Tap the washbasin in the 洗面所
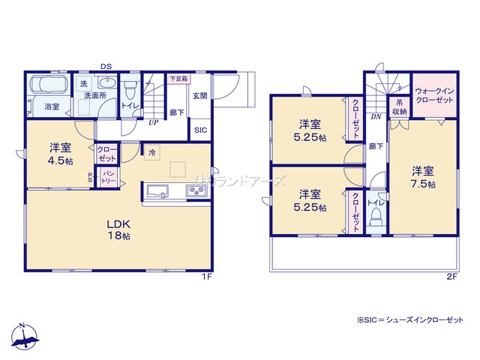point(107,82)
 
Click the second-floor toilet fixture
point(376,217)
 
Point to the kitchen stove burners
point(196,191)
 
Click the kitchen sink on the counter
point(157,191)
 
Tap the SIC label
point(200,130)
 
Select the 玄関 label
point(200,96)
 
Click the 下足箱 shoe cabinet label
point(178,78)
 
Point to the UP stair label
point(154,123)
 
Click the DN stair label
point(376,117)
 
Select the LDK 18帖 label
point(118,230)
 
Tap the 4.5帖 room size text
point(60,161)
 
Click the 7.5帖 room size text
point(423,184)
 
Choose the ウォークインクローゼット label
point(435,95)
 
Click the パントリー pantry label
point(108,178)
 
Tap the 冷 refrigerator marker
point(151,152)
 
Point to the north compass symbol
point(24,336)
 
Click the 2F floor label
point(451,277)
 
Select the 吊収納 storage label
point(400,106)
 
